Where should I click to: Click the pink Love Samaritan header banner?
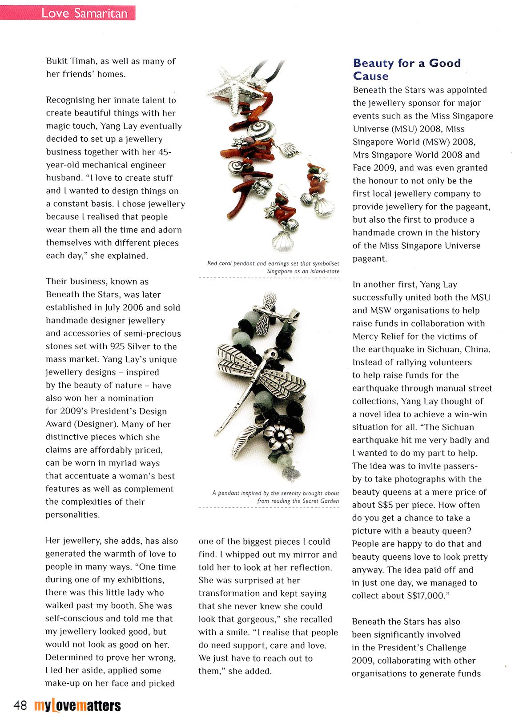68,13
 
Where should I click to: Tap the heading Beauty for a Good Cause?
406,69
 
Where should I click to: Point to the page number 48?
20,705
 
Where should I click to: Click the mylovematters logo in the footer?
77,705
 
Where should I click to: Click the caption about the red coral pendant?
273,267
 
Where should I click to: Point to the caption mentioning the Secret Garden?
276,497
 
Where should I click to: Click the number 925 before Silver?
117,347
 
